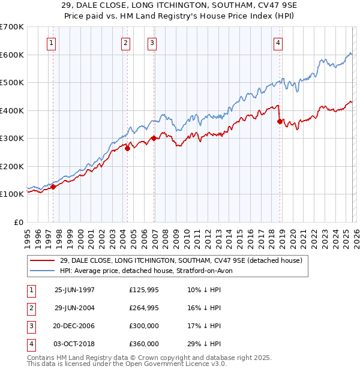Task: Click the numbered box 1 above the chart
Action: tap(52, 43)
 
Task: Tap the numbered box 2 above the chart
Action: tap(125, 43)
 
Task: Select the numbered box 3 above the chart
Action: tap(152, 43)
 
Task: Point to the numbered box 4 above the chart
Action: tap(278, 43)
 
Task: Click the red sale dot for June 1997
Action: tap(53, 187)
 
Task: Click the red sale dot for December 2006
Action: tap(154, 138)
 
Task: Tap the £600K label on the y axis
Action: tap(11, 55)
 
